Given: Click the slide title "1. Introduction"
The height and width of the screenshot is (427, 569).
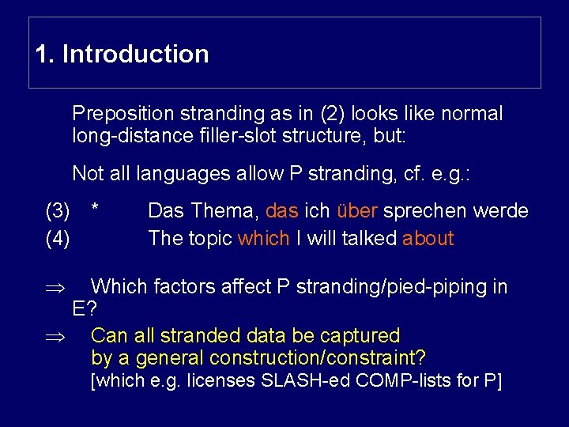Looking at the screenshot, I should click(122, 55).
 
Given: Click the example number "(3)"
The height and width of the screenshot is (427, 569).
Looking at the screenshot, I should click(57, 211).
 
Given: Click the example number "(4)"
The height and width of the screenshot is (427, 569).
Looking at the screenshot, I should click(57, 238).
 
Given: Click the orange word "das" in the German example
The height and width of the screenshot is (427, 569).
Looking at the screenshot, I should click(282, 211).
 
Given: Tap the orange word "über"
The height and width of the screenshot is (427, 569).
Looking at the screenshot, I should click(354, 211).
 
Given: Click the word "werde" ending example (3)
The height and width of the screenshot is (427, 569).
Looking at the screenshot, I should click(499, 211).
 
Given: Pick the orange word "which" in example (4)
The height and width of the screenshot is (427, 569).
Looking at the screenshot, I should click(263, 238).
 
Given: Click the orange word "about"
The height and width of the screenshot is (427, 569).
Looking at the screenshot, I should click(428, 238).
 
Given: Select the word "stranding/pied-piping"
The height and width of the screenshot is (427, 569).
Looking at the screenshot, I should click(383, 287).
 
